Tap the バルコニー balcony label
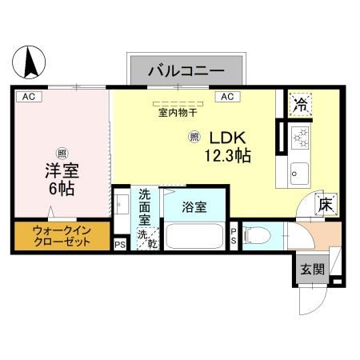pyautogui.click(x=186, y=72)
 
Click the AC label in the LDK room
pyautogui.click(x=226, y=97)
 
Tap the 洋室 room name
pyautogui.click(x=61, y=170)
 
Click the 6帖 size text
pyautogui.click(x=61, y=190)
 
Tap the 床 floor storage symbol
pyautogui.click(x=325, y=204)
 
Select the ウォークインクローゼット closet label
pyautogui.click(x=61, y=237)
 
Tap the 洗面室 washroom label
pyautogui.click(x=144, y=206)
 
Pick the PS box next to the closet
pyautogui.click(x=120, y=246)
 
